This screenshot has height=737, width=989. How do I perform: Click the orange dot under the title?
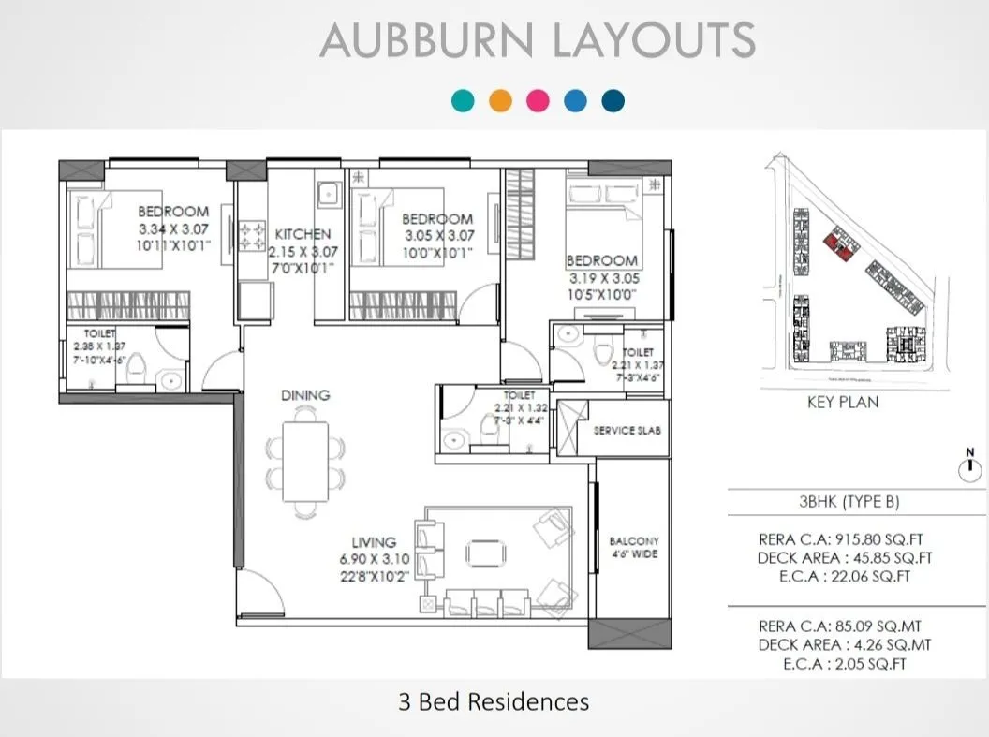[x=500, y=101]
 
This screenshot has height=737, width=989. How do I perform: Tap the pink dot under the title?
[x=538, y=101]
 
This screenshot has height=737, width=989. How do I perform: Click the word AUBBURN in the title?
[x=427, y=41]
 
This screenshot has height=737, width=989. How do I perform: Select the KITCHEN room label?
[x=303, y=234]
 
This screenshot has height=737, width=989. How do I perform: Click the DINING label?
[x=305, y=395]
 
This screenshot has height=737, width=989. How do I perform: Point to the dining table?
[x=305, y=463]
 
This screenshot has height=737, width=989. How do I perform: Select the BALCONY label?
[x=634, y=541]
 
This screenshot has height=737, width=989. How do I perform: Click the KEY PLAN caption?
[x=843, y=403]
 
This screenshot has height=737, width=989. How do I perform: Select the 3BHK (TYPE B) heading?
[x=849, y=502]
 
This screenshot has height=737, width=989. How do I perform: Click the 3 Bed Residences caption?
[x=494, y=701]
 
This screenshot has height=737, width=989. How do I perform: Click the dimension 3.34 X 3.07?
[x=173, y=228]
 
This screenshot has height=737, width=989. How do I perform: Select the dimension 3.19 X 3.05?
[x=603, y=277]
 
